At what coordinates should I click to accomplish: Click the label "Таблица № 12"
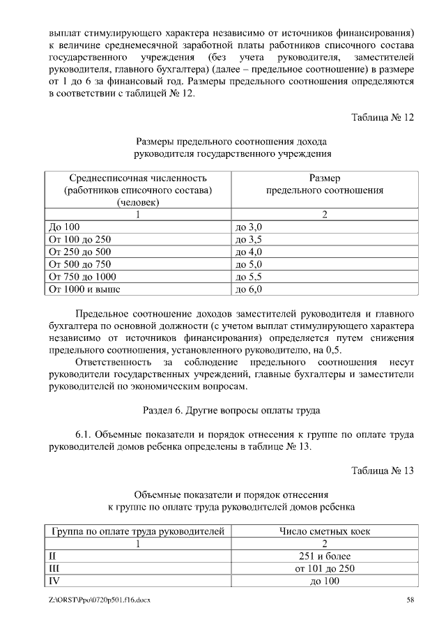pyautogui.click(x=383, y=117)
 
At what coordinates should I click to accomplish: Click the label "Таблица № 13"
pyautogui.click(x=383, y=471)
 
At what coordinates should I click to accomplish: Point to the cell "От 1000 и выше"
pyautogui.click(x=81, y=288)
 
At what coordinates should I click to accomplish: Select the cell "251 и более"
pyautogui.click(x=324, y=556)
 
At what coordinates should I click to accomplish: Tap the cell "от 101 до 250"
pyautogui.click(x=324, y=569)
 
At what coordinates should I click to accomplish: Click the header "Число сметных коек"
pyautogui.click(x=324, y=531)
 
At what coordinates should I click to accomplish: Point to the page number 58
pyautogui.click(x=410, y=600)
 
